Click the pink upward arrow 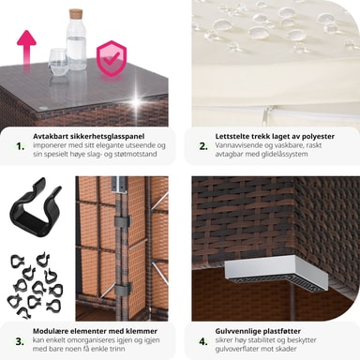tap(26, 47)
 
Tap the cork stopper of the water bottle tap(76, 14)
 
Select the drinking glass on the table tap(58, 61)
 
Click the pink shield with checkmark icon tap(112, 58)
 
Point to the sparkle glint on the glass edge tap(136, 102)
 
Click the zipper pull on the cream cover tap(266, 114)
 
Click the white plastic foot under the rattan tap(277, 273)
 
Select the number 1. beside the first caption tap(21, 146)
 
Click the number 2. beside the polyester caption tap(203, 146)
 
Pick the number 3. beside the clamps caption tap(20, 341)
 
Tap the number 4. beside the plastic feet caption tap(203, 341)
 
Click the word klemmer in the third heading tap(142, 331)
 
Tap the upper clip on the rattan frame tap(123, 221)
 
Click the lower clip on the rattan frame tap(123, 290)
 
